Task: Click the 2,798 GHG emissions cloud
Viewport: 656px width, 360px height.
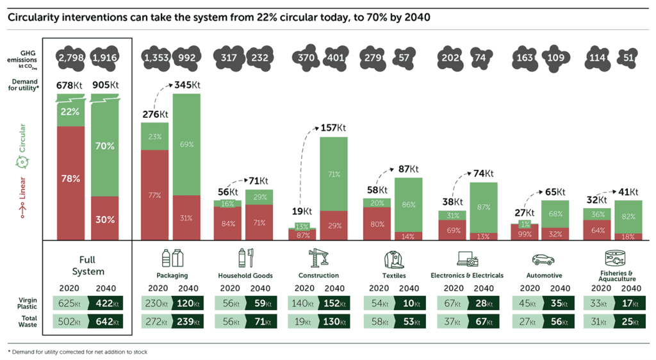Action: point(70,58)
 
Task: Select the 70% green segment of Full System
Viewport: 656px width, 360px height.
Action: point(105,147)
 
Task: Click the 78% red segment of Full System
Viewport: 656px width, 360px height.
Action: point(70,179)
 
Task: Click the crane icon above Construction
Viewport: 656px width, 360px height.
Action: point(318,258)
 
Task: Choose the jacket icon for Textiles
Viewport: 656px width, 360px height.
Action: point(394,259)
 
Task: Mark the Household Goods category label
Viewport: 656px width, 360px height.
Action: point(245,275)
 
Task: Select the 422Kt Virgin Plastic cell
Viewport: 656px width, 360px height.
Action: point(105,303)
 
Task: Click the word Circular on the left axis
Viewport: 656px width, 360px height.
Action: point(24,140)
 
